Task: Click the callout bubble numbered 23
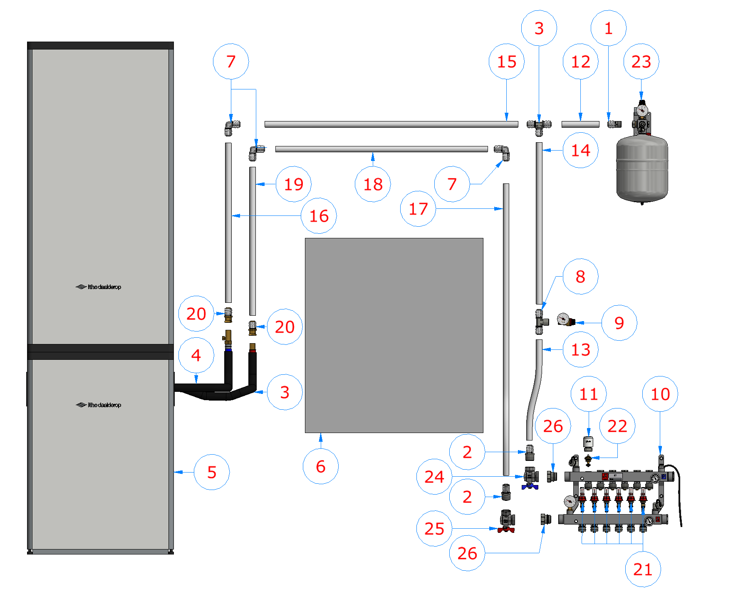(641, 62)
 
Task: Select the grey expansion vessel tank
(642, 168)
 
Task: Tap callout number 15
(506, 62)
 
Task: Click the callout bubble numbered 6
(320, 466)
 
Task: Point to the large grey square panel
(394, 335)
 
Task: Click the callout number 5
(211, 472)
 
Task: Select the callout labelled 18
(373, 184)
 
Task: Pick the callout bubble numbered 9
(619, 323)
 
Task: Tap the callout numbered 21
(643, 569)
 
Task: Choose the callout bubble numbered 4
(196, 355)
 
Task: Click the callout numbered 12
(580, 62)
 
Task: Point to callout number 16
(319, 216)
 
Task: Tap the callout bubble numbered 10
(660, 394)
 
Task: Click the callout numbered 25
(434, 529)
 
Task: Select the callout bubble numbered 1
(608, 28)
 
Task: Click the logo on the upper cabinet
(99, 287)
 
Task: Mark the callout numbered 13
(580, 350)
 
